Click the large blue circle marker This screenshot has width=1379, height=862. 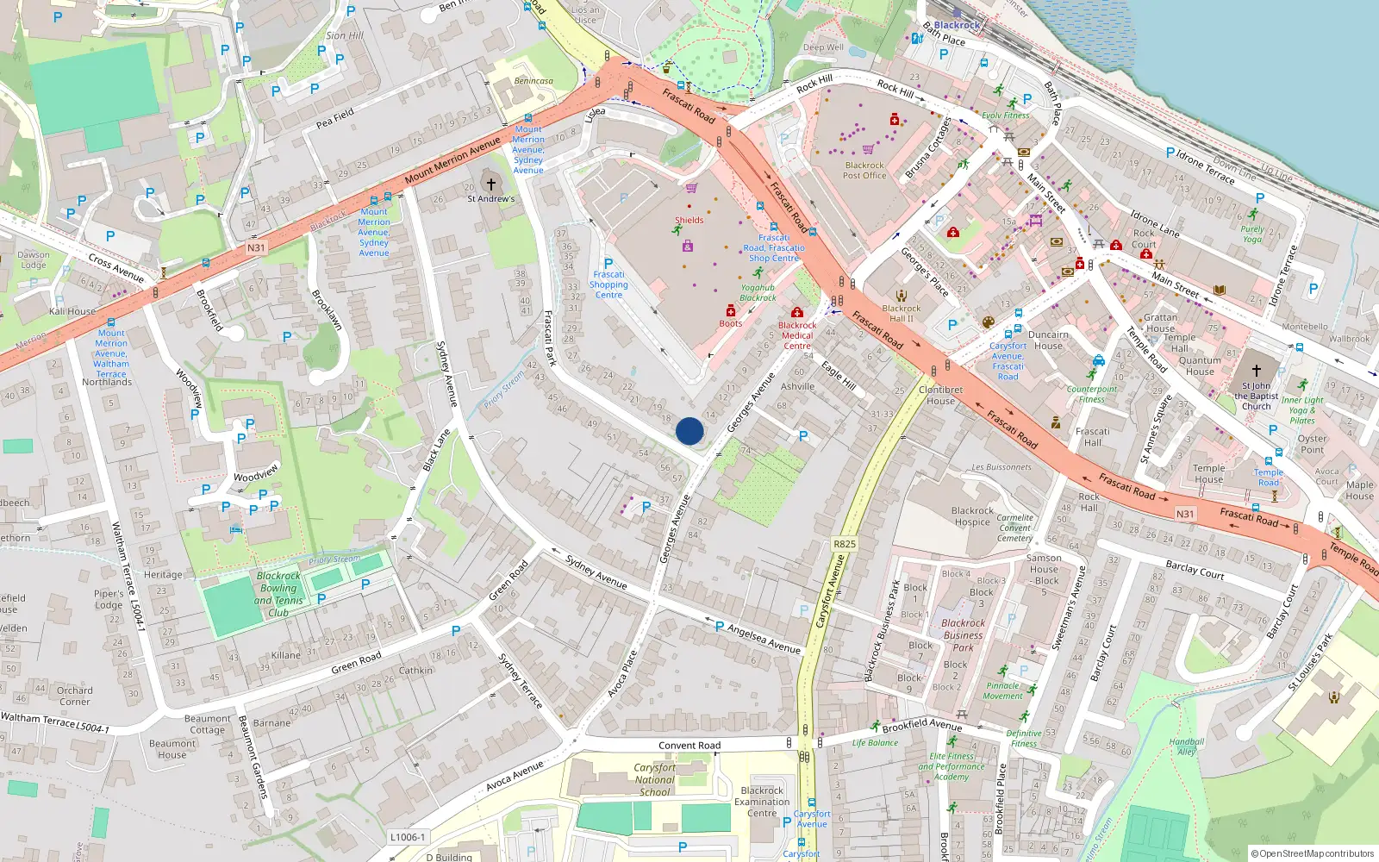(x=689, y=431)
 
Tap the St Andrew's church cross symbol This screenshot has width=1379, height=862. (x=491, y=184)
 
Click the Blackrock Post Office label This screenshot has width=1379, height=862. (x=864, y=170)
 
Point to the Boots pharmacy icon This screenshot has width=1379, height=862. (x=731, y=311)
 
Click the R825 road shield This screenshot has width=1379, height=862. (x=845, y=544)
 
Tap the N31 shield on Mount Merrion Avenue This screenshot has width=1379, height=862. (x=256, y=247)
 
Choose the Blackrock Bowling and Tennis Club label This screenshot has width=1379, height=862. (x=278, y=594)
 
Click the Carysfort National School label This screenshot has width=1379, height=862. (x=655, y=779)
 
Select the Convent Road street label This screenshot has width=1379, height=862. (x=689, y=746)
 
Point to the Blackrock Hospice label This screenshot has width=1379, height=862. (x=972, y=516)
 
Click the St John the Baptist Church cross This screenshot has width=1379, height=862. (x=1256, y=371)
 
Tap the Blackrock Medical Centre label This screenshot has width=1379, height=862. (x=797, y=335)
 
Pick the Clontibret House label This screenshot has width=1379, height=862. (x=940, y=395)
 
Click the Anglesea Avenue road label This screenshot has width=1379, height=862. (x=764, y=639)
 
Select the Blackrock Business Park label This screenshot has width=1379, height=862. (x=963, y=634)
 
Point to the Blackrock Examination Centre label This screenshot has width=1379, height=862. (x=762, y=802)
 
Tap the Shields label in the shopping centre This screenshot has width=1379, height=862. (x=689, y=220)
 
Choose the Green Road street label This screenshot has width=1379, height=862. (x=356, y=663)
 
